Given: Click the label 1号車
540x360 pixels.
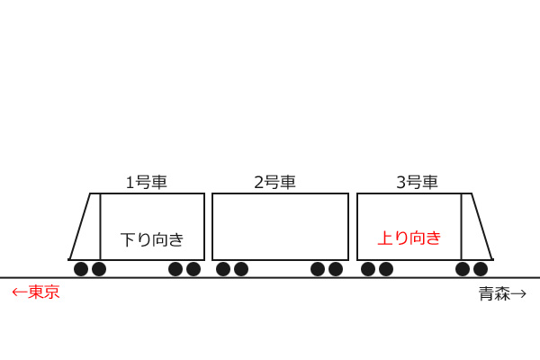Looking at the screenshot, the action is point(147,182).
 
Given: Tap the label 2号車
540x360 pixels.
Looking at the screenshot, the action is point(274,182).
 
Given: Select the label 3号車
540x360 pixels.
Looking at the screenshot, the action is point(417,182).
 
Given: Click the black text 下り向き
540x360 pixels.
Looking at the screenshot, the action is point(152,239).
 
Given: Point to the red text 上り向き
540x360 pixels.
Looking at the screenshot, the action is point(409,238).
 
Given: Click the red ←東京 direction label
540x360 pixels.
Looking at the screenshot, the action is point(36,292).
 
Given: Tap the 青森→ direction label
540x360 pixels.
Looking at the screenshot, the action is point(502,294).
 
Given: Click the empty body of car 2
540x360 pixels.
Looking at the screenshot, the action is point(280,227).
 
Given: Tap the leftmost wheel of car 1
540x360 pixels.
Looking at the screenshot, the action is point(81,269).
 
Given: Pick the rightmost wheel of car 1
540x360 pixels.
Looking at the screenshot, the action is point(193,269).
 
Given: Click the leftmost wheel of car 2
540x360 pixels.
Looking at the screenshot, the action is point(223,269).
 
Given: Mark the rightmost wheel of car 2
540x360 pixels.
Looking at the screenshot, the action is point(336,269).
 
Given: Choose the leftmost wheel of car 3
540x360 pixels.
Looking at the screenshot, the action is point(368,269).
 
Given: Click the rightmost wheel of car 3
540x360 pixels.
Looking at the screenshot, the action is point(480,269).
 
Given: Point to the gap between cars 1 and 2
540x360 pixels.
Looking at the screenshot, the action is point(209,227).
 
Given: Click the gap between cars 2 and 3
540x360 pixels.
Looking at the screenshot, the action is point(353,227).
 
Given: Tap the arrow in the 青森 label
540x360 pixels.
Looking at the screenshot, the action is point(518,294).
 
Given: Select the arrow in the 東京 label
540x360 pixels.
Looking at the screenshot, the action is point(20,292).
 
